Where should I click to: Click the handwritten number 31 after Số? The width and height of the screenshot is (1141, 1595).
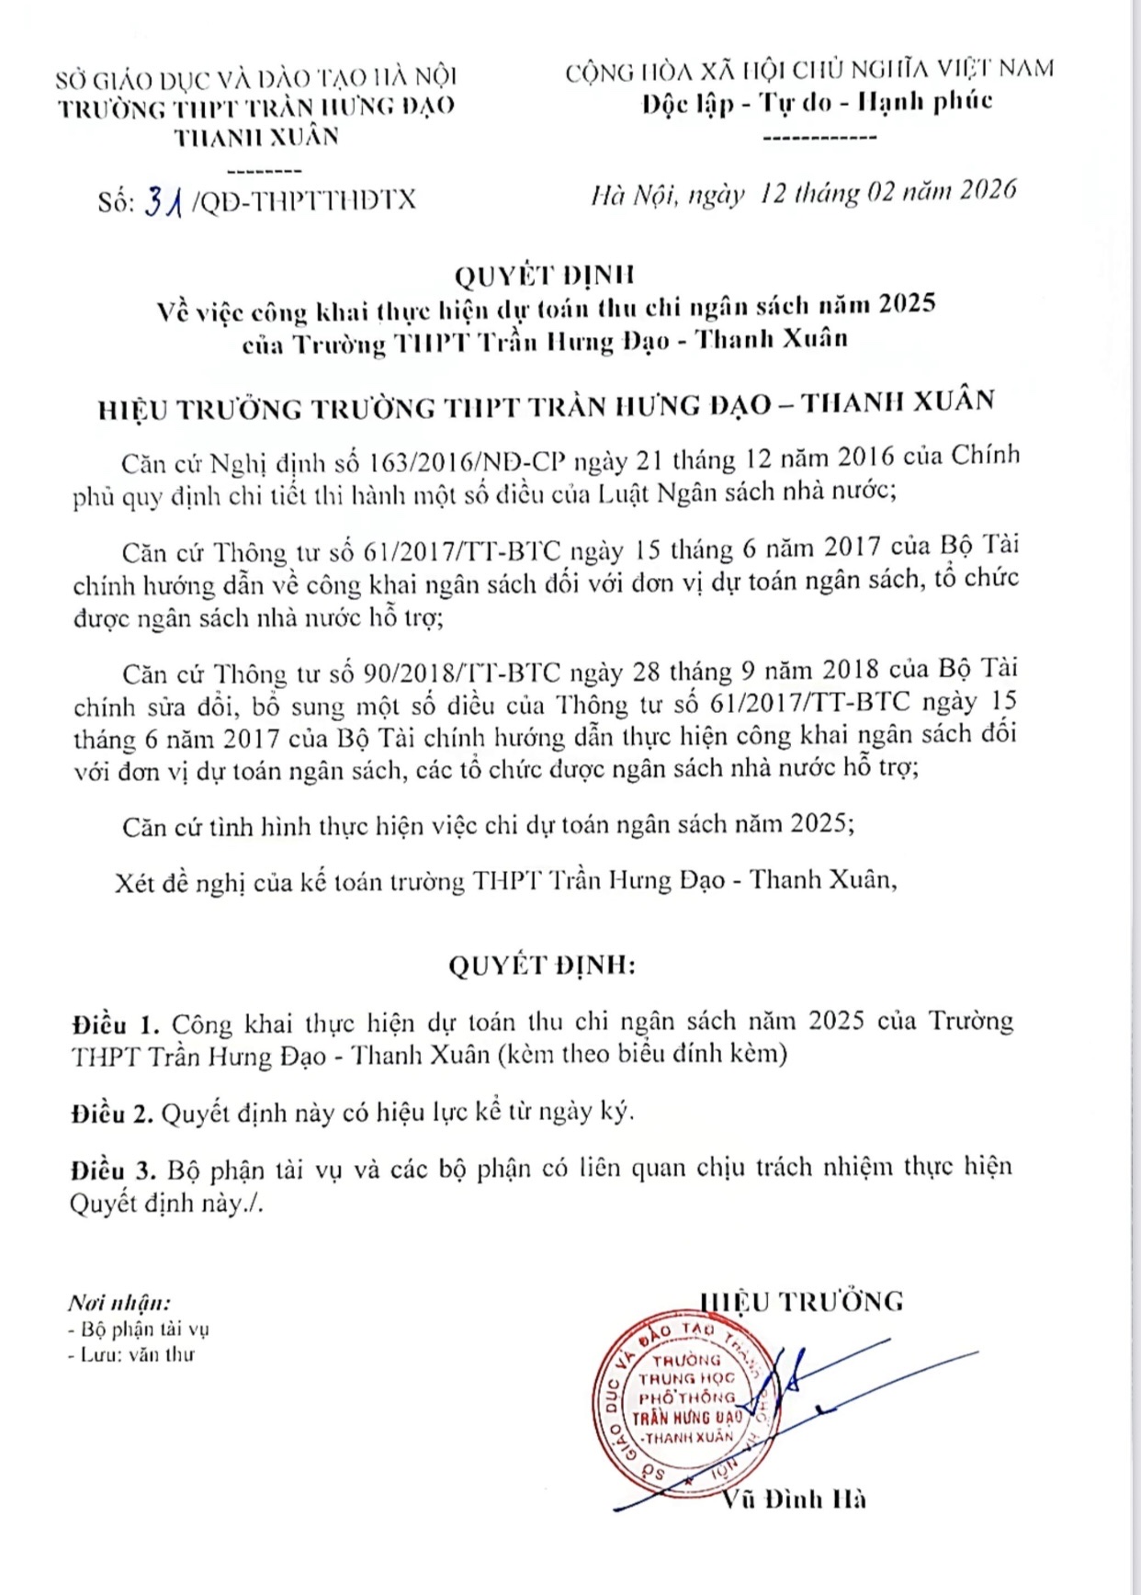point(165,200)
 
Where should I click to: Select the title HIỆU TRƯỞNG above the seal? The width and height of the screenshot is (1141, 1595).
point(802,1301)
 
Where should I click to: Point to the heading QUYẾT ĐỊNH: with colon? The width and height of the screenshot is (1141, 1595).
point(542,966)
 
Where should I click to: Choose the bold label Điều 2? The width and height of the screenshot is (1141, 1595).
point(112,1114)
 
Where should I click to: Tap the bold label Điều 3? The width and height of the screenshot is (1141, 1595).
point(113,1171)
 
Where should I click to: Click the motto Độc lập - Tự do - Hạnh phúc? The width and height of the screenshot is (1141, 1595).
point(818,102)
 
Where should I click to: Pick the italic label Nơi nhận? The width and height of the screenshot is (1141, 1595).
point(119,1303)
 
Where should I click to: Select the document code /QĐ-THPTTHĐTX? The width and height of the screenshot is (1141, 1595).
point(303,200)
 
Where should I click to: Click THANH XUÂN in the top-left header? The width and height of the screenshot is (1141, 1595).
point(257,137)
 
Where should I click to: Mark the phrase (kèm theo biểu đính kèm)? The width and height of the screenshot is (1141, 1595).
point(642,1054)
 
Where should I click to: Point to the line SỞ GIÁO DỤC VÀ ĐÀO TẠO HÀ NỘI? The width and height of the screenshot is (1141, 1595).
point(256,77)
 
